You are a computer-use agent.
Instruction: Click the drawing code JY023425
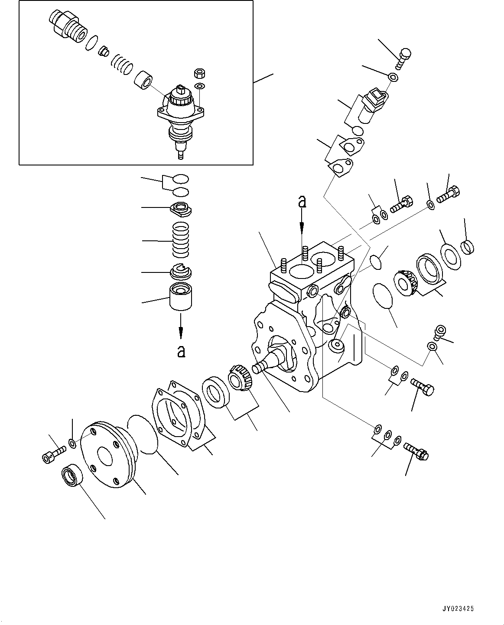(458, 609)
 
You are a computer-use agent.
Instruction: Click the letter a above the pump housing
(302, 201)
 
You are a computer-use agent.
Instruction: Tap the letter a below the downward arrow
(181, 351)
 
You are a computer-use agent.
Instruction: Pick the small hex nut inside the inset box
(200, 73)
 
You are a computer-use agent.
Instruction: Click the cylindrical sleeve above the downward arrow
(181, 296)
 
